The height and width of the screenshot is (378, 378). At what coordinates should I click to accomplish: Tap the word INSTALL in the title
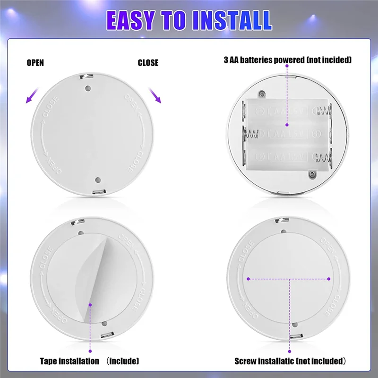click(234, 20)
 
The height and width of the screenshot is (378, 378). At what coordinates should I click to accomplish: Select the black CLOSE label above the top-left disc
click(148, 63)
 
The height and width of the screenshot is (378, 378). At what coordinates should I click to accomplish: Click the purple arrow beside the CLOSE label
click(154, 95)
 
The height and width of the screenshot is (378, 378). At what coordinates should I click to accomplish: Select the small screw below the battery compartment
click(312, 174)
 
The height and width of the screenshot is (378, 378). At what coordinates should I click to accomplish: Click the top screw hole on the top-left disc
click(88, 88)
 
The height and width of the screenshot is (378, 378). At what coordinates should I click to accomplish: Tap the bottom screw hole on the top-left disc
click(98, 180)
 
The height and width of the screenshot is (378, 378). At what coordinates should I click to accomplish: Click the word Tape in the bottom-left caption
click(49, 361)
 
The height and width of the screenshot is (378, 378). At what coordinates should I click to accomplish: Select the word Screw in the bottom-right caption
click(246, 361)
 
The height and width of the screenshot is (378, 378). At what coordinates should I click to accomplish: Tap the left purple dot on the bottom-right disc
click(247, 279)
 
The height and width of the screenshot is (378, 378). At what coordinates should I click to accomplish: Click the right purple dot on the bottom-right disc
click(329, 279)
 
